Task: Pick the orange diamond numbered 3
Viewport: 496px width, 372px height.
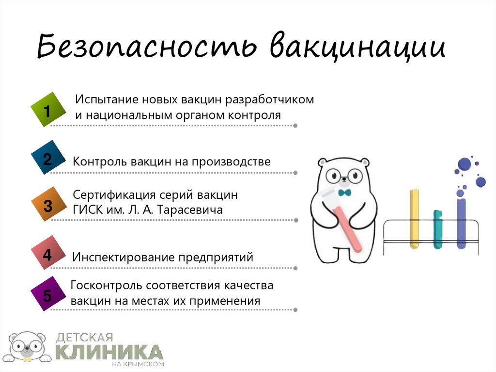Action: [x=47, y=206]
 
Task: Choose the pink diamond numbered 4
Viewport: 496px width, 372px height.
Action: [x=47, y=254]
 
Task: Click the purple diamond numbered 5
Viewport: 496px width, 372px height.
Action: [x=47, y=294]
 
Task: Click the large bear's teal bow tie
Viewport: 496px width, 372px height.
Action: [x=345, y=193]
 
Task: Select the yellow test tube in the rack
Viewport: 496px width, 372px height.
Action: [x=414, y=218]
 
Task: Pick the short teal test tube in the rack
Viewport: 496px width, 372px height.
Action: [x=437, y=229]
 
